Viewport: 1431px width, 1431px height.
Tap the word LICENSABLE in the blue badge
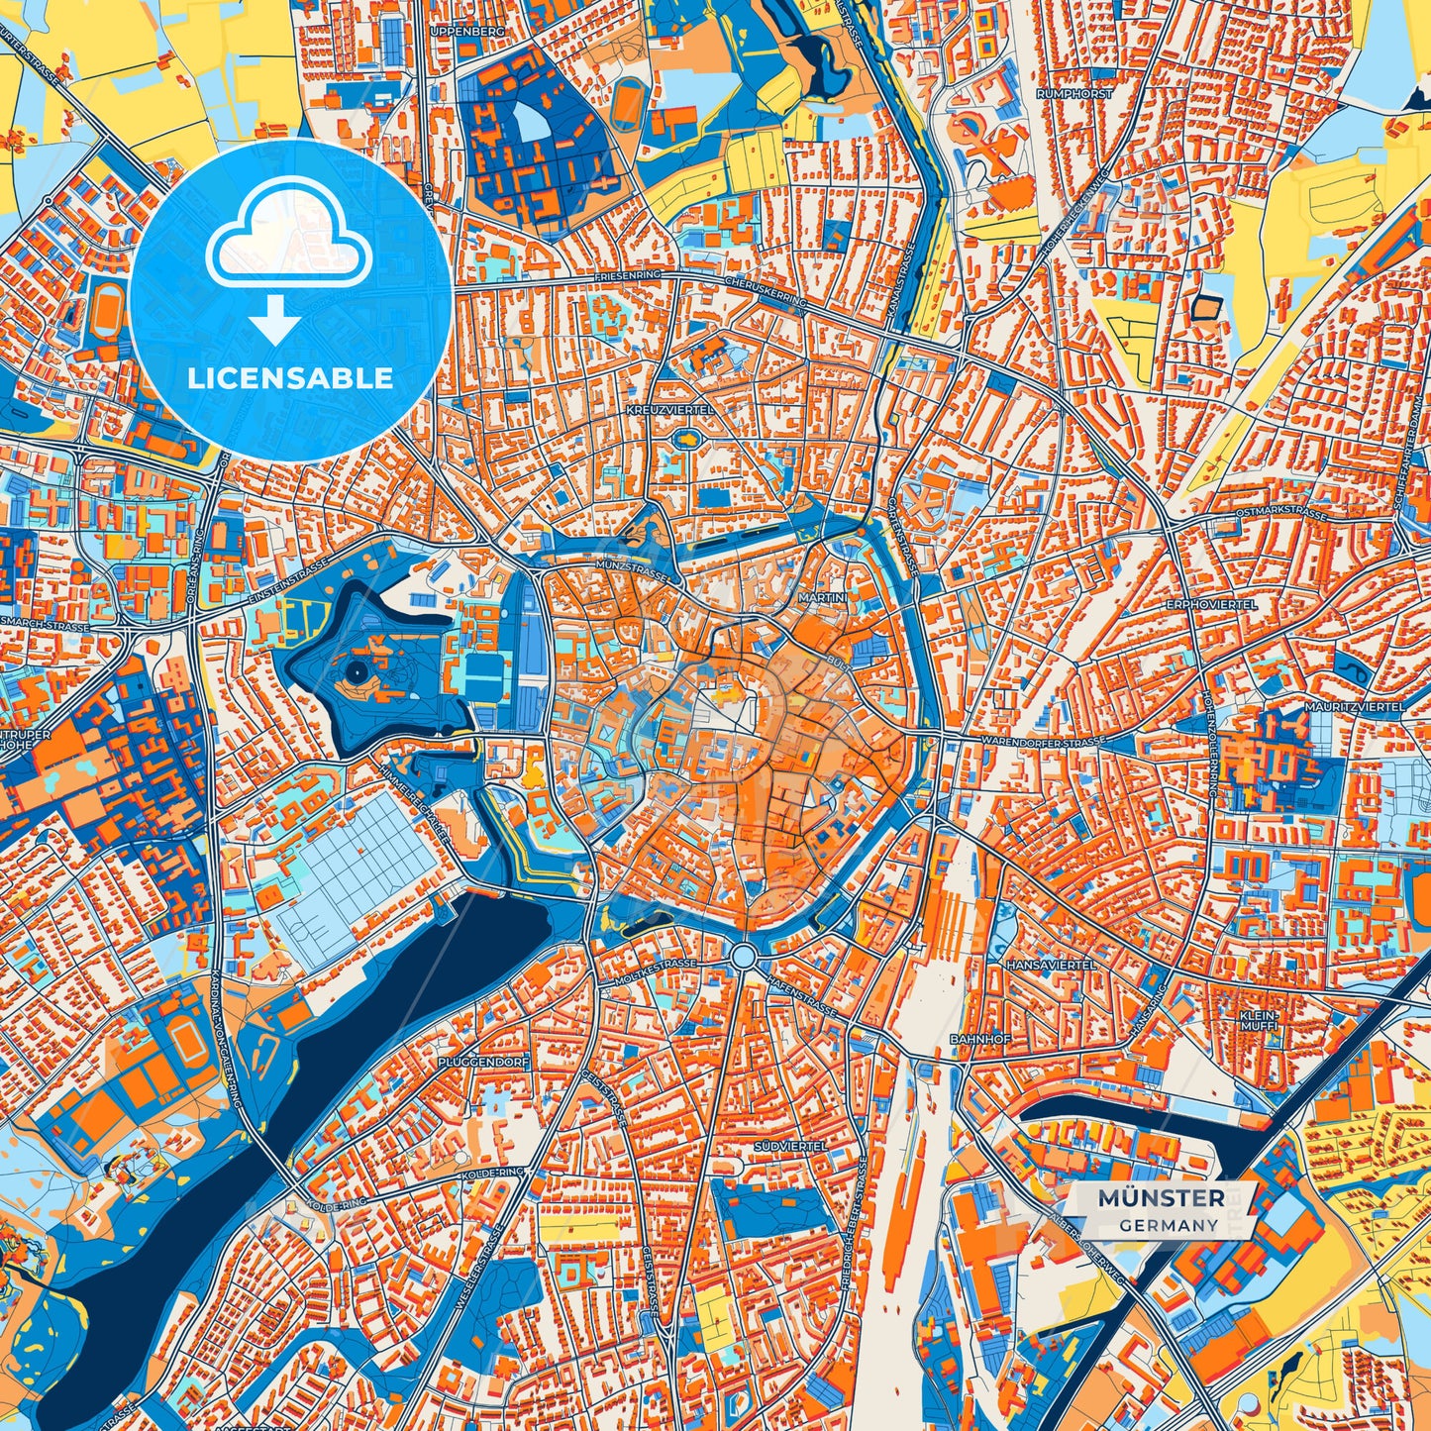click(x=290, y=378)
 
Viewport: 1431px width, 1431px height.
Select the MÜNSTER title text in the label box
click(x=1161, y=1198)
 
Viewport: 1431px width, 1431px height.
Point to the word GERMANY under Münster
click(x=1170, y=1225)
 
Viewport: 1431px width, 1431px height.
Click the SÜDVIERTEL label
click(x=789, y=1145)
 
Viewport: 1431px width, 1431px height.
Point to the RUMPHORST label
click(x=1074, y=93)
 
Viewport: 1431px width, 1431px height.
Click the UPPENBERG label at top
click(x=467, y=32)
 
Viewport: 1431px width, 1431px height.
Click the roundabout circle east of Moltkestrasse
click(x=745, y=957)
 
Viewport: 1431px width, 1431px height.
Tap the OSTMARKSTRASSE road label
click(x=1281, y=514)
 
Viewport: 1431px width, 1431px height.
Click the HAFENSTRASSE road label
click(x=803, y=994)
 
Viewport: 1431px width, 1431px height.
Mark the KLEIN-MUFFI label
click(x=1260, y=1021)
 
